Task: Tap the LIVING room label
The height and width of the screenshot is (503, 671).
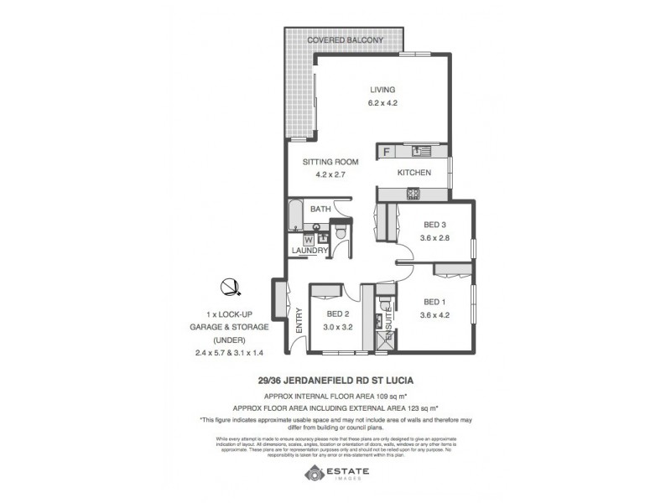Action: [x=383, y=90]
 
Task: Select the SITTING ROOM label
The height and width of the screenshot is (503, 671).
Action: [x=330, y=162]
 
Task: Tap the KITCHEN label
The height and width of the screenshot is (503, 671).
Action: [x=414, y=173]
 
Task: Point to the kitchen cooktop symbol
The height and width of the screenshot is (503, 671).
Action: [x=414, y=194]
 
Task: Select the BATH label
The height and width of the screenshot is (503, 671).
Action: [x=320, y=209]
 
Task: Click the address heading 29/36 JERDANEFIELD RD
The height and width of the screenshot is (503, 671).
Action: [x=335, y=379]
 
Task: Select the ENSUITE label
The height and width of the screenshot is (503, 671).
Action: [x=389, y=318]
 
